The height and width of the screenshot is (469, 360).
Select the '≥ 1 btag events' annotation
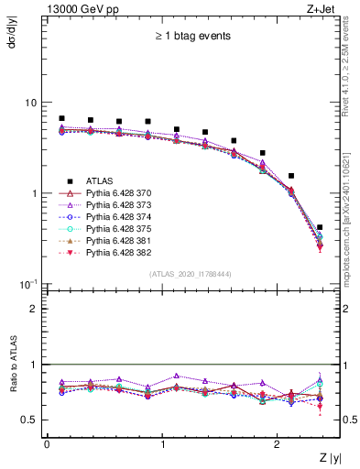pos(191,36)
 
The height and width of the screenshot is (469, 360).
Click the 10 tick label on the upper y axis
pos(32,103)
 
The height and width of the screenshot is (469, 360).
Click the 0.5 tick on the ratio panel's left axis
pos(31,420)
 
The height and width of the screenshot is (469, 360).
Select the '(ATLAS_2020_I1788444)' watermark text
pos(191,274)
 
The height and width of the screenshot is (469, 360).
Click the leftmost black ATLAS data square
pos(61,118)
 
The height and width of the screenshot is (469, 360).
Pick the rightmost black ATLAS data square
pos(319,227)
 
